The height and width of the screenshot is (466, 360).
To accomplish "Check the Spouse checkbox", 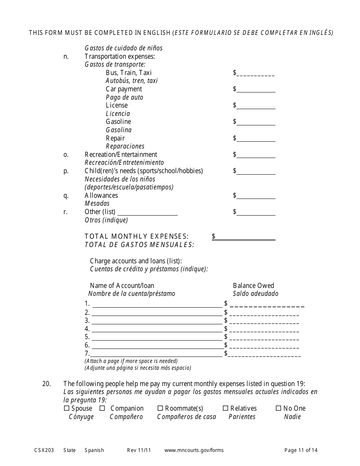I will (66, 408).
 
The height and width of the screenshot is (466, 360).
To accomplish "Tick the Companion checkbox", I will (102, 408).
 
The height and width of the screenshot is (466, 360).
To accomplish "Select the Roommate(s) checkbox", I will (160, 408).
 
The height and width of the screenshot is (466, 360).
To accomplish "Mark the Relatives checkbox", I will (225, 408).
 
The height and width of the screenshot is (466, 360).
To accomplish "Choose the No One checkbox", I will (279, 408).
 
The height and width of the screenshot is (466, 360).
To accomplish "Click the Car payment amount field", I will (256, 90).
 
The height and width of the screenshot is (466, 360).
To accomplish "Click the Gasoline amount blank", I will (256, 122).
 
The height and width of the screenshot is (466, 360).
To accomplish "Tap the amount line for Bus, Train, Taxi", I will (256, 73).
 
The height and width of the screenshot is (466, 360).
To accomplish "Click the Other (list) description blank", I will (147, 213).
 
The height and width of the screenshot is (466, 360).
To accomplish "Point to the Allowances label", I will (101, 195).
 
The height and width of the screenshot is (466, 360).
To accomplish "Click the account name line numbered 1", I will (157, 304).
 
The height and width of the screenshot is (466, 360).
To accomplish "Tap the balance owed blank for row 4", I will (264, 329).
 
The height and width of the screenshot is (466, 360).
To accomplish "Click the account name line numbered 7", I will (157, 354).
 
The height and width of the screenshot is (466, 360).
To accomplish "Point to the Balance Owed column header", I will (253, 286).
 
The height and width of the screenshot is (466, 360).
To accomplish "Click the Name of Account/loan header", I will (122, 286).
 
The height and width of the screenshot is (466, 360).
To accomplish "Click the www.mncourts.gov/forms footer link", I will (194, 450).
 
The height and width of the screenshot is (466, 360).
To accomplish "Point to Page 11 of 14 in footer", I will (301, 450).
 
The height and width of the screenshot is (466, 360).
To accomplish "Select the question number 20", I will (47, 384).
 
